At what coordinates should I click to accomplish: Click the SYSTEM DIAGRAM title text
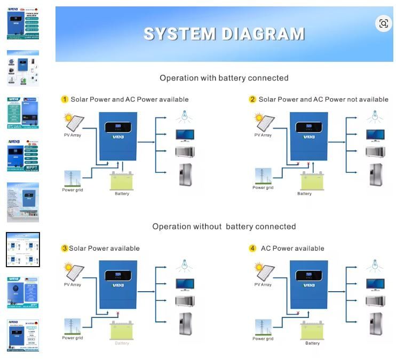(x=224, y=34)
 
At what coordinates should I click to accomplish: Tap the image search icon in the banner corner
(x=383, y=23)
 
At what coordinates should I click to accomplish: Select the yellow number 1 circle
(x=65, y=99)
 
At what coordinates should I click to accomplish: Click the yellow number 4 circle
(x=253, y=249)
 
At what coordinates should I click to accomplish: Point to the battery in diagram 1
(x=122, y=181)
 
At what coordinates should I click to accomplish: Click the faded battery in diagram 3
(x=122, y=330)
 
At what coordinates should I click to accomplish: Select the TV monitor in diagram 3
(x=185, y=284)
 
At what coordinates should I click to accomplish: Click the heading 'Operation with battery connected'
(x=224, y=78)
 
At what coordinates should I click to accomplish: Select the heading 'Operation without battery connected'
(x=224, y=227)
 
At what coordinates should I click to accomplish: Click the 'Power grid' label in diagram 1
(x=73, y=190)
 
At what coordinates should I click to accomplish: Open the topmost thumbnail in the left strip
(x=22, y=23)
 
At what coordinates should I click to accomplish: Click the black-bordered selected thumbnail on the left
(x=22, y=250)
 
